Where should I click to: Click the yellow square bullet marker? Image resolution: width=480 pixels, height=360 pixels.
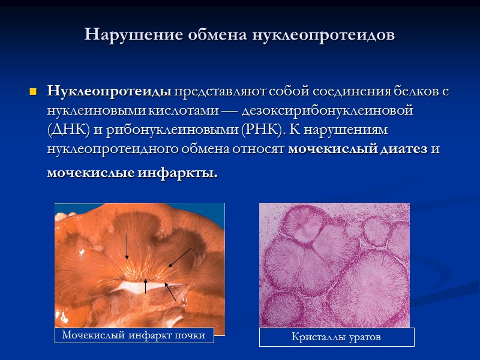[34, 92]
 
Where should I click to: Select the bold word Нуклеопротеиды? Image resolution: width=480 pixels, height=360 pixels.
[110, 92]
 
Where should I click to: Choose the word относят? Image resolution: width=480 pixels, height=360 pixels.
[259, 150]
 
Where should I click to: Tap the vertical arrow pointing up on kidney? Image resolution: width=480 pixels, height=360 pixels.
[146, 286]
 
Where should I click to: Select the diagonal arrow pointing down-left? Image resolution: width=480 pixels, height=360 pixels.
[179, 257]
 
